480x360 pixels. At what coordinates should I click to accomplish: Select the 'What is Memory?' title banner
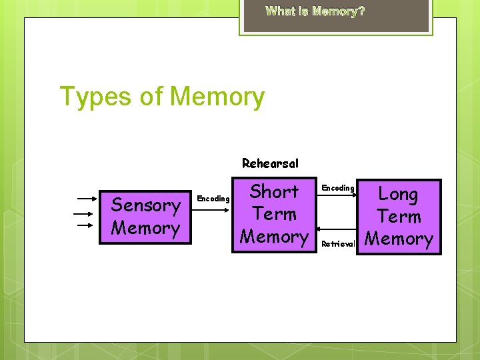[x=315, y=11]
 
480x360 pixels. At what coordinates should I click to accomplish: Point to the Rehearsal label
[x=270, y=163]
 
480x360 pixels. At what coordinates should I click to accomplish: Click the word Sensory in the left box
[x=145, y=205]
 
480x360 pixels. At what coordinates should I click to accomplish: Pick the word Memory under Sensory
[x=145, y=228]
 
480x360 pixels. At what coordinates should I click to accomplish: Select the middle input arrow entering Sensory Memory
[x=84, y=213]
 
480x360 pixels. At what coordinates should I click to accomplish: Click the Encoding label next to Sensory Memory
[x=213, y=199]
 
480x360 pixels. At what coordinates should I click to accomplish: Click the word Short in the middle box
[x=274, y=192]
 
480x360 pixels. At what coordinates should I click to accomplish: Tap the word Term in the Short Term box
[x=274, y=215]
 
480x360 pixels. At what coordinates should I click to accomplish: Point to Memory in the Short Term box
[x=274, y=237]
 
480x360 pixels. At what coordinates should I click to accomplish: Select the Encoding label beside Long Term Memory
[x=337, y=188]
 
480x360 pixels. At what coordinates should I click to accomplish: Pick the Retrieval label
[x=338, y=244]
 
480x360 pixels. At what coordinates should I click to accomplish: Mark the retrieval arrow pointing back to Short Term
[x=338, y=235]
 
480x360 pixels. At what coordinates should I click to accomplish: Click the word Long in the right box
[x=398, y=195]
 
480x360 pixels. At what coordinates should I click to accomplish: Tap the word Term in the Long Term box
[x=398, y=217]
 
